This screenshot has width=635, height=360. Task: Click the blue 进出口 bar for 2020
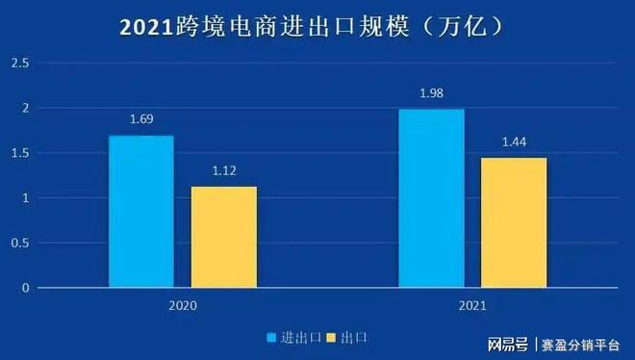click(x=140, y=212)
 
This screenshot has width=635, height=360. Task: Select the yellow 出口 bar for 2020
click(x=223, y=237)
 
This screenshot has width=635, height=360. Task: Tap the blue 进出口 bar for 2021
click(x=431, y=198)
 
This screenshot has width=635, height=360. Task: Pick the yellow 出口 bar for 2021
click(x=514, y=222)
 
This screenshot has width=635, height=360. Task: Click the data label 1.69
click(x=141, y=120)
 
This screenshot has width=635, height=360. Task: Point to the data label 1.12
click(x=223, y=171)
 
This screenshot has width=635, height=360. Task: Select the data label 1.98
click(x=431, y=94)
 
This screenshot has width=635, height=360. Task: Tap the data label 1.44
click(x=514, y=142)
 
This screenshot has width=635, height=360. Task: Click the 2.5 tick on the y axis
click(x=19, y=64)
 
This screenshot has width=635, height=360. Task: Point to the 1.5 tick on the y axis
click(x=19, y=153)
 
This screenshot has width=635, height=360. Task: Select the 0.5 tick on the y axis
click(x=19, y=243)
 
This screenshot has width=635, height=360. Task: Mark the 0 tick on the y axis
click(x=25, y=288)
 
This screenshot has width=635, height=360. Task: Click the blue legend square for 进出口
click(x=272, y=338)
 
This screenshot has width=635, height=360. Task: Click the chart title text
click(x=318, y=27)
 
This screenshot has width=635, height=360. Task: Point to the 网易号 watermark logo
click(x=507, y=344)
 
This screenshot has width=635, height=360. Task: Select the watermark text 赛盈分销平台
click(x=578, y=344)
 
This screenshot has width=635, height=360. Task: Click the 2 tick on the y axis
click(x=25, y=109)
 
